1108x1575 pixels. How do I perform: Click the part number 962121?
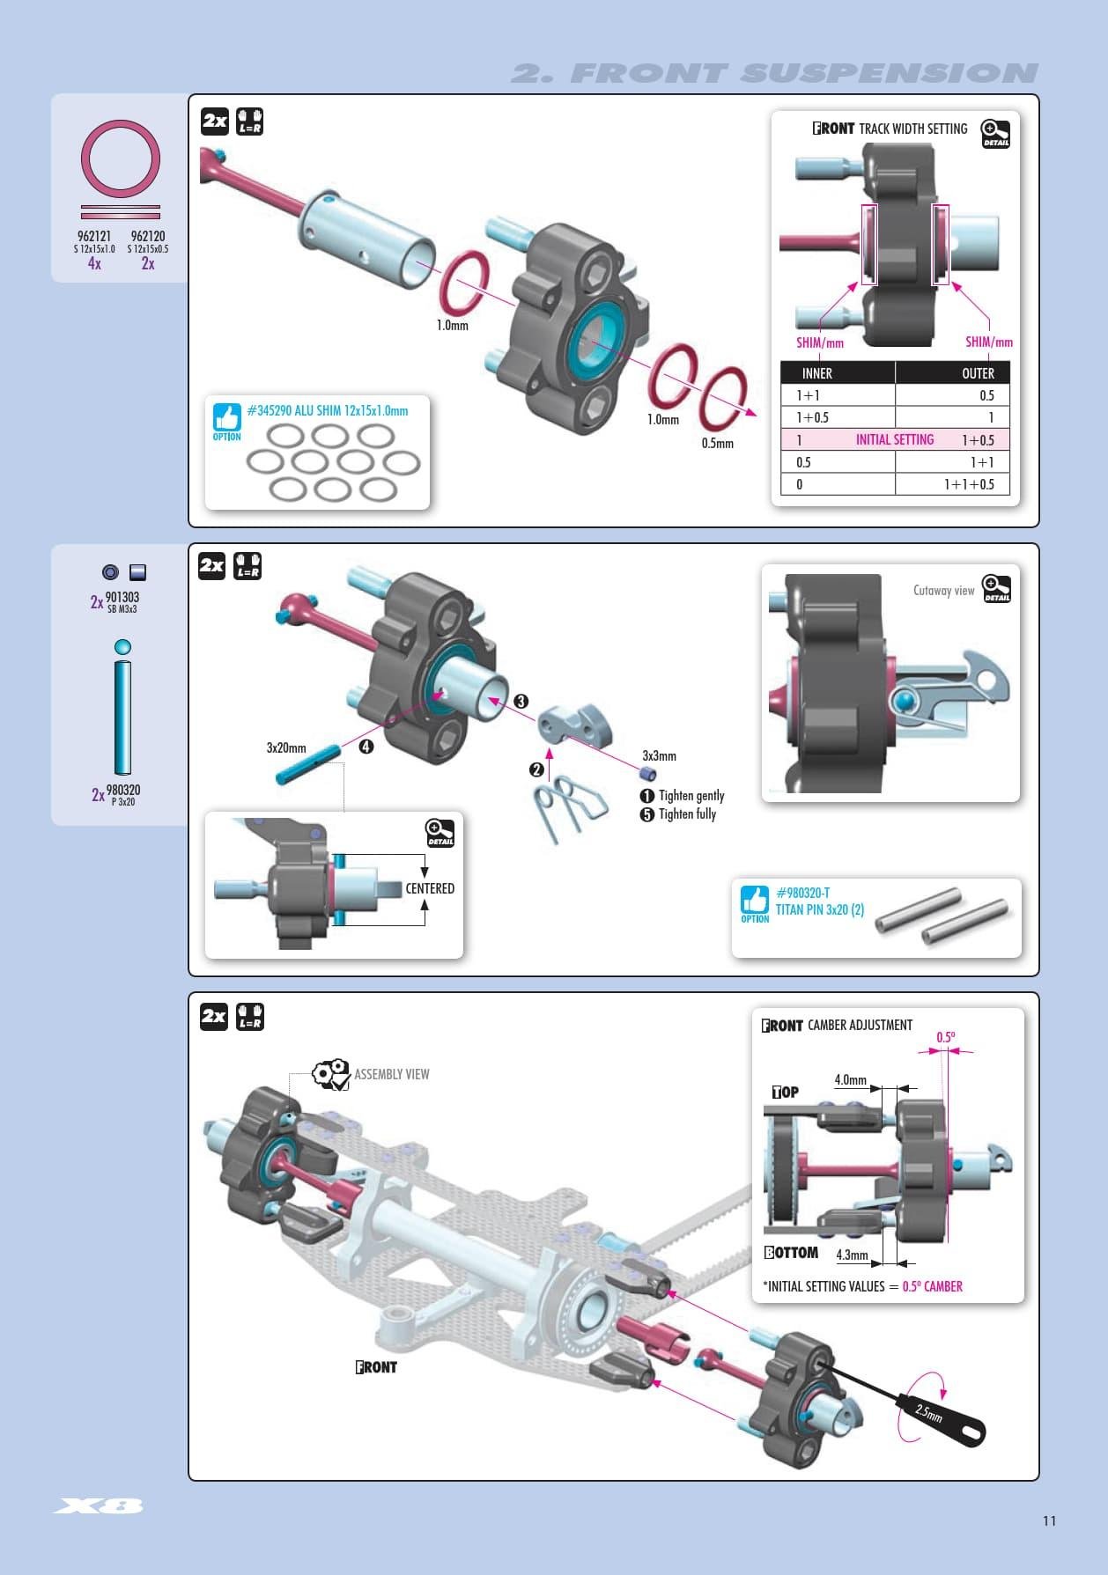[94, 236]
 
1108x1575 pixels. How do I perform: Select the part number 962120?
[147, 236]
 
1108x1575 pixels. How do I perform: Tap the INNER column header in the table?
[816, 373]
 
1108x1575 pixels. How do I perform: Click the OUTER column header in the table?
[977, 373]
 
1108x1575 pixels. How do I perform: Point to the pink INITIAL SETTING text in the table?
[894, 439]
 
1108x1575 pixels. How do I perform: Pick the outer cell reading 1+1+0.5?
[968, 484]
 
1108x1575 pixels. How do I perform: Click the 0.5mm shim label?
[717, 443]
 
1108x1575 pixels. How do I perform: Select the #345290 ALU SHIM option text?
[327, 410]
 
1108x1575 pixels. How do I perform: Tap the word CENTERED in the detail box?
[430, 888]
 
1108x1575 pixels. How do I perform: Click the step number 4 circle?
[366, 747]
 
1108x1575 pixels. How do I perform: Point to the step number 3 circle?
[521, 701]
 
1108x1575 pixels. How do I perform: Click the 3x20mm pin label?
[286, 747]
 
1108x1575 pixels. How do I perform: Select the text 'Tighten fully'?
[687, 814]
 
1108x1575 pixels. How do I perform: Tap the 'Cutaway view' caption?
[943, 591]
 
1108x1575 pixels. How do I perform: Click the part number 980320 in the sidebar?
[123, 790]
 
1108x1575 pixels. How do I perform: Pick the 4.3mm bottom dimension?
[852, 1255]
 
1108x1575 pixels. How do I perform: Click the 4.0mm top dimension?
[850, 1079]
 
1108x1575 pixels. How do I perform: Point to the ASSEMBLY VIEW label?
[391, 1074]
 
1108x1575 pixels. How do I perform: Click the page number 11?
[1049, 1520]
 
